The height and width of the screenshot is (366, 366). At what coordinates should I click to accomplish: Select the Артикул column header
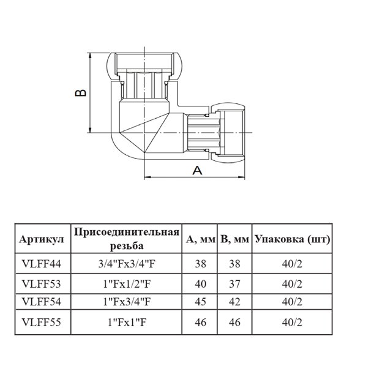tap(42, 239)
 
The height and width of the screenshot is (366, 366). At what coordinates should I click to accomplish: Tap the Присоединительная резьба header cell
tap(127, 239)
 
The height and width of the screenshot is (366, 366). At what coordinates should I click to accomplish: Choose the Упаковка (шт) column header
tap(292, 239)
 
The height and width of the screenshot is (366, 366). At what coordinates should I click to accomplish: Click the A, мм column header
tap(200, 239)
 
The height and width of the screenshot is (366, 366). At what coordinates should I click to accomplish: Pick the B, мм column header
tap(234, 239)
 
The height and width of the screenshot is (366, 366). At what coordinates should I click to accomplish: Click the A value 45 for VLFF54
tap(200, 301)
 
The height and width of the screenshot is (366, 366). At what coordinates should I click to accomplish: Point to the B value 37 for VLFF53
tap(234, 283)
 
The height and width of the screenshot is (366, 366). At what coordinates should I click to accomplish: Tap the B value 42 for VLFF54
tap(234, 301)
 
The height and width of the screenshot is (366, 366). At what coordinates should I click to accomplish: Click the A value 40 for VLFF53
tap(200, 283)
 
